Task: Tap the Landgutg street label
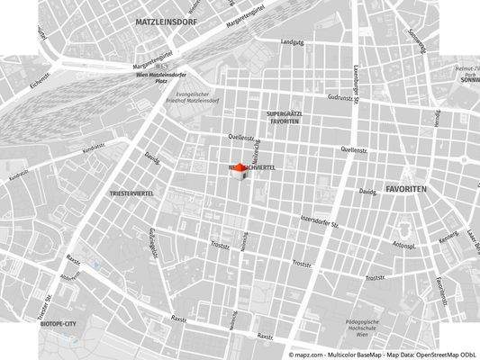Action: (x=294, y=42)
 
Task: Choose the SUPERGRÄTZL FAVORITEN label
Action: (x=286, y=116)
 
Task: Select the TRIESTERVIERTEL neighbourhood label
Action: (x=131, y=193)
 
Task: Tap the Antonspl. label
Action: (x=403, y=243)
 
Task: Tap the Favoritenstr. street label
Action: (x=440, y=288)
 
